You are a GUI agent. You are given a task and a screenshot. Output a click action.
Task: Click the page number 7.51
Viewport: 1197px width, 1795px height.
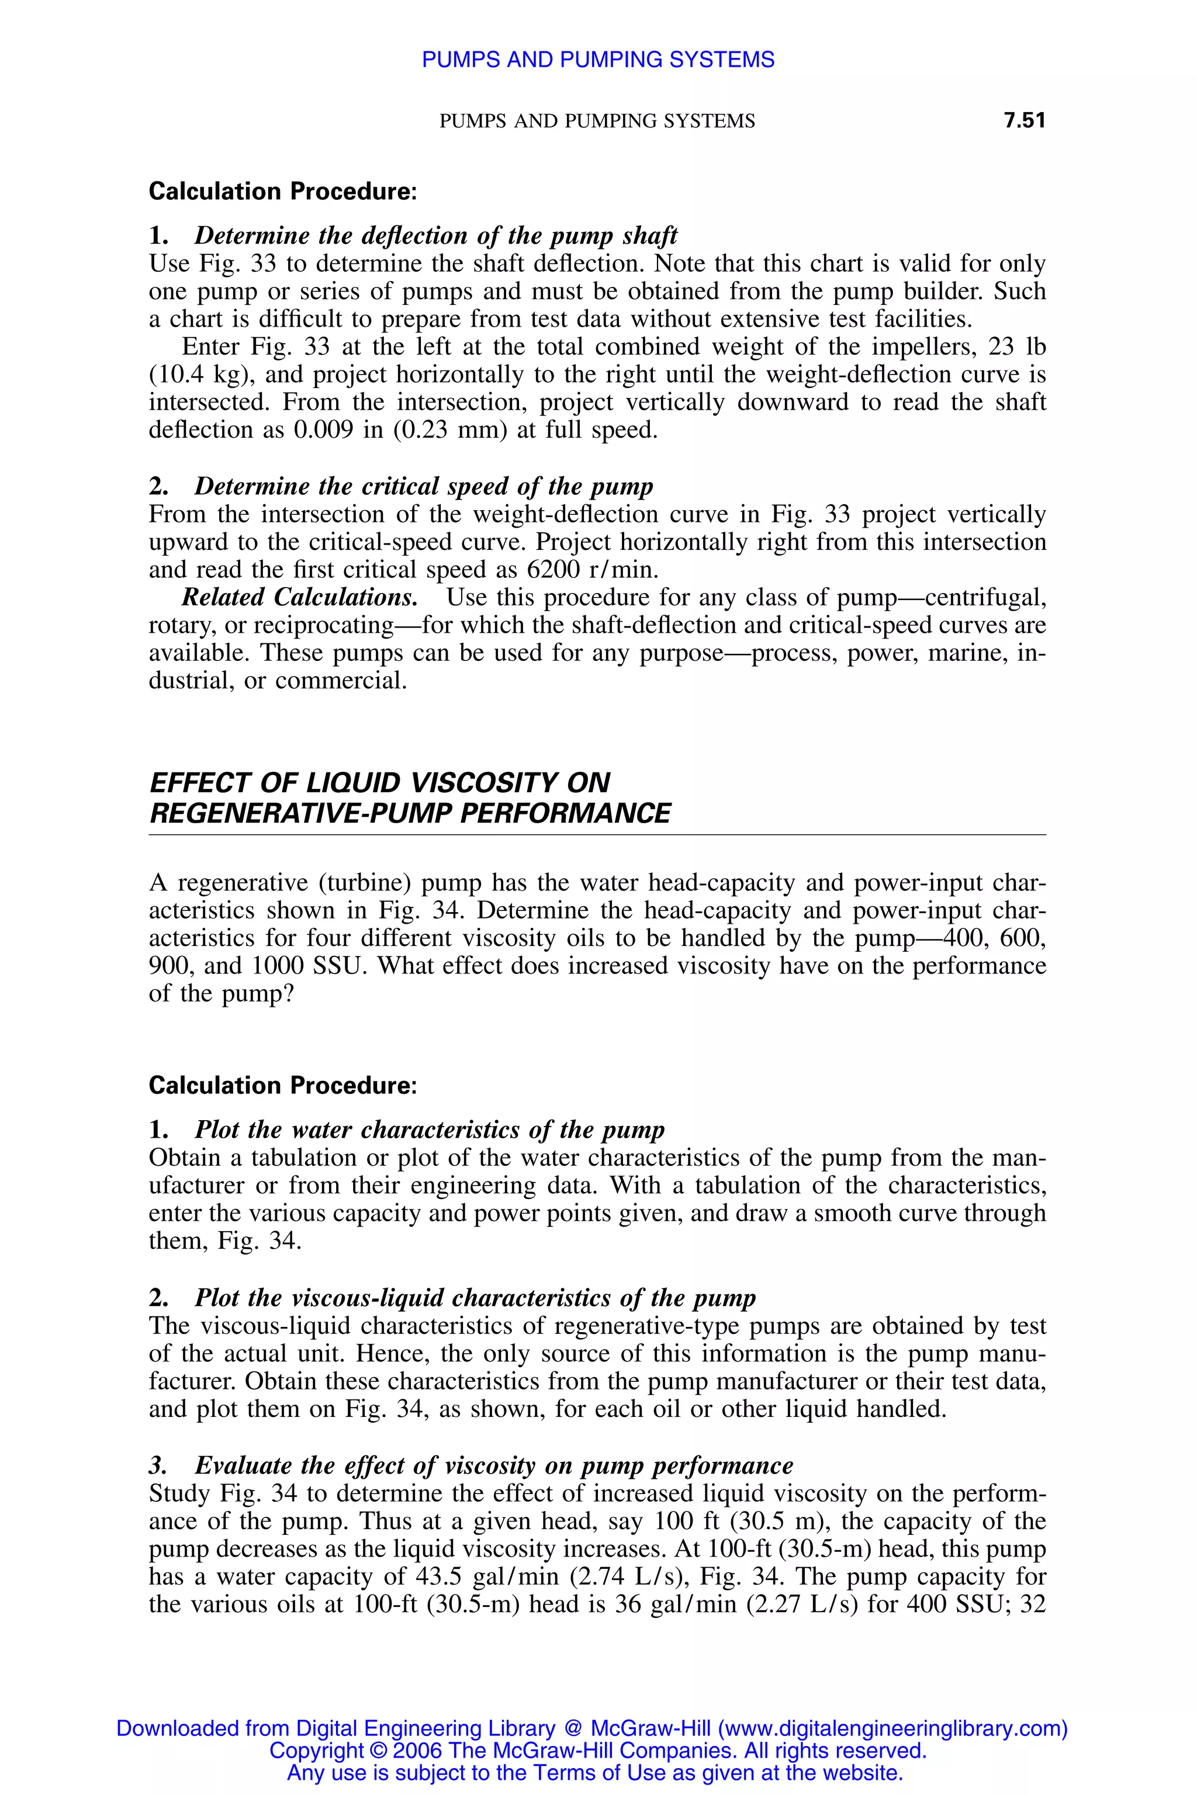click(1024, 120)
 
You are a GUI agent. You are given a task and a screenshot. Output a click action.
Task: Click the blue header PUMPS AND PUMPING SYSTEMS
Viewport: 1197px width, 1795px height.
click(598, 60)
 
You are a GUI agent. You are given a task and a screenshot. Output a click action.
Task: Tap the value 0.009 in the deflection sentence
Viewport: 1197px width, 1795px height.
click(323, 429)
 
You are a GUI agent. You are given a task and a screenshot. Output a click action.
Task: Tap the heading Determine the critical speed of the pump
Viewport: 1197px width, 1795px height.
click(424, 486)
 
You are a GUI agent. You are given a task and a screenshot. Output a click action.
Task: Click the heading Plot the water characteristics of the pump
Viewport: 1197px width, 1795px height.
click(429, 1129)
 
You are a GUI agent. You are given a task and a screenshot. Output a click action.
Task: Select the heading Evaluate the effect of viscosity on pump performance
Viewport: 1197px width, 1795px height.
click(493, 1465)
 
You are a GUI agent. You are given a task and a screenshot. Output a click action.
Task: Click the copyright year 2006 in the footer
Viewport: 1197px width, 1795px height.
click(411, 1750)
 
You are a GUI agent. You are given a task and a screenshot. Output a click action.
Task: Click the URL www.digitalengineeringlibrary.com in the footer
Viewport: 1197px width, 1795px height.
click(890, 1728)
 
